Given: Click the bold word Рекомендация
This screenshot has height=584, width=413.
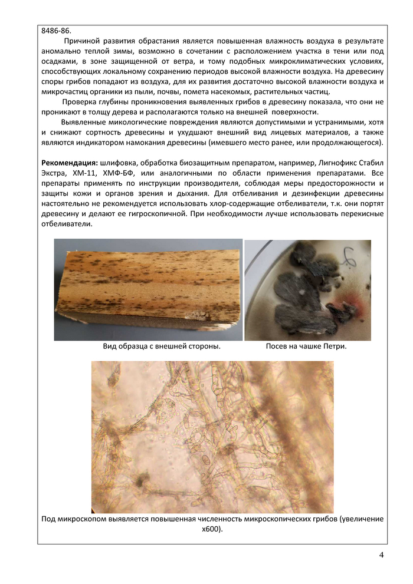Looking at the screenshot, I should tap(70, 161).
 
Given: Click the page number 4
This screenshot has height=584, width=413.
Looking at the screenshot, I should tap(381, 555).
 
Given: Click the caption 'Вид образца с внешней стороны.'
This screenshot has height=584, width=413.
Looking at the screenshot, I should tap(162, 347).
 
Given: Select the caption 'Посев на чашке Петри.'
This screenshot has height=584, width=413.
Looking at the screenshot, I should tap(306, 347).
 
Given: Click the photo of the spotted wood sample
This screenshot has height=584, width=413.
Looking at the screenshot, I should tap(147, 289).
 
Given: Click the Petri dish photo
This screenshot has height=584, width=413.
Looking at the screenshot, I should tap(307, 289).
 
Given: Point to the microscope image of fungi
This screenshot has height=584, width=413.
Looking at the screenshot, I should tap(212, 436).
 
